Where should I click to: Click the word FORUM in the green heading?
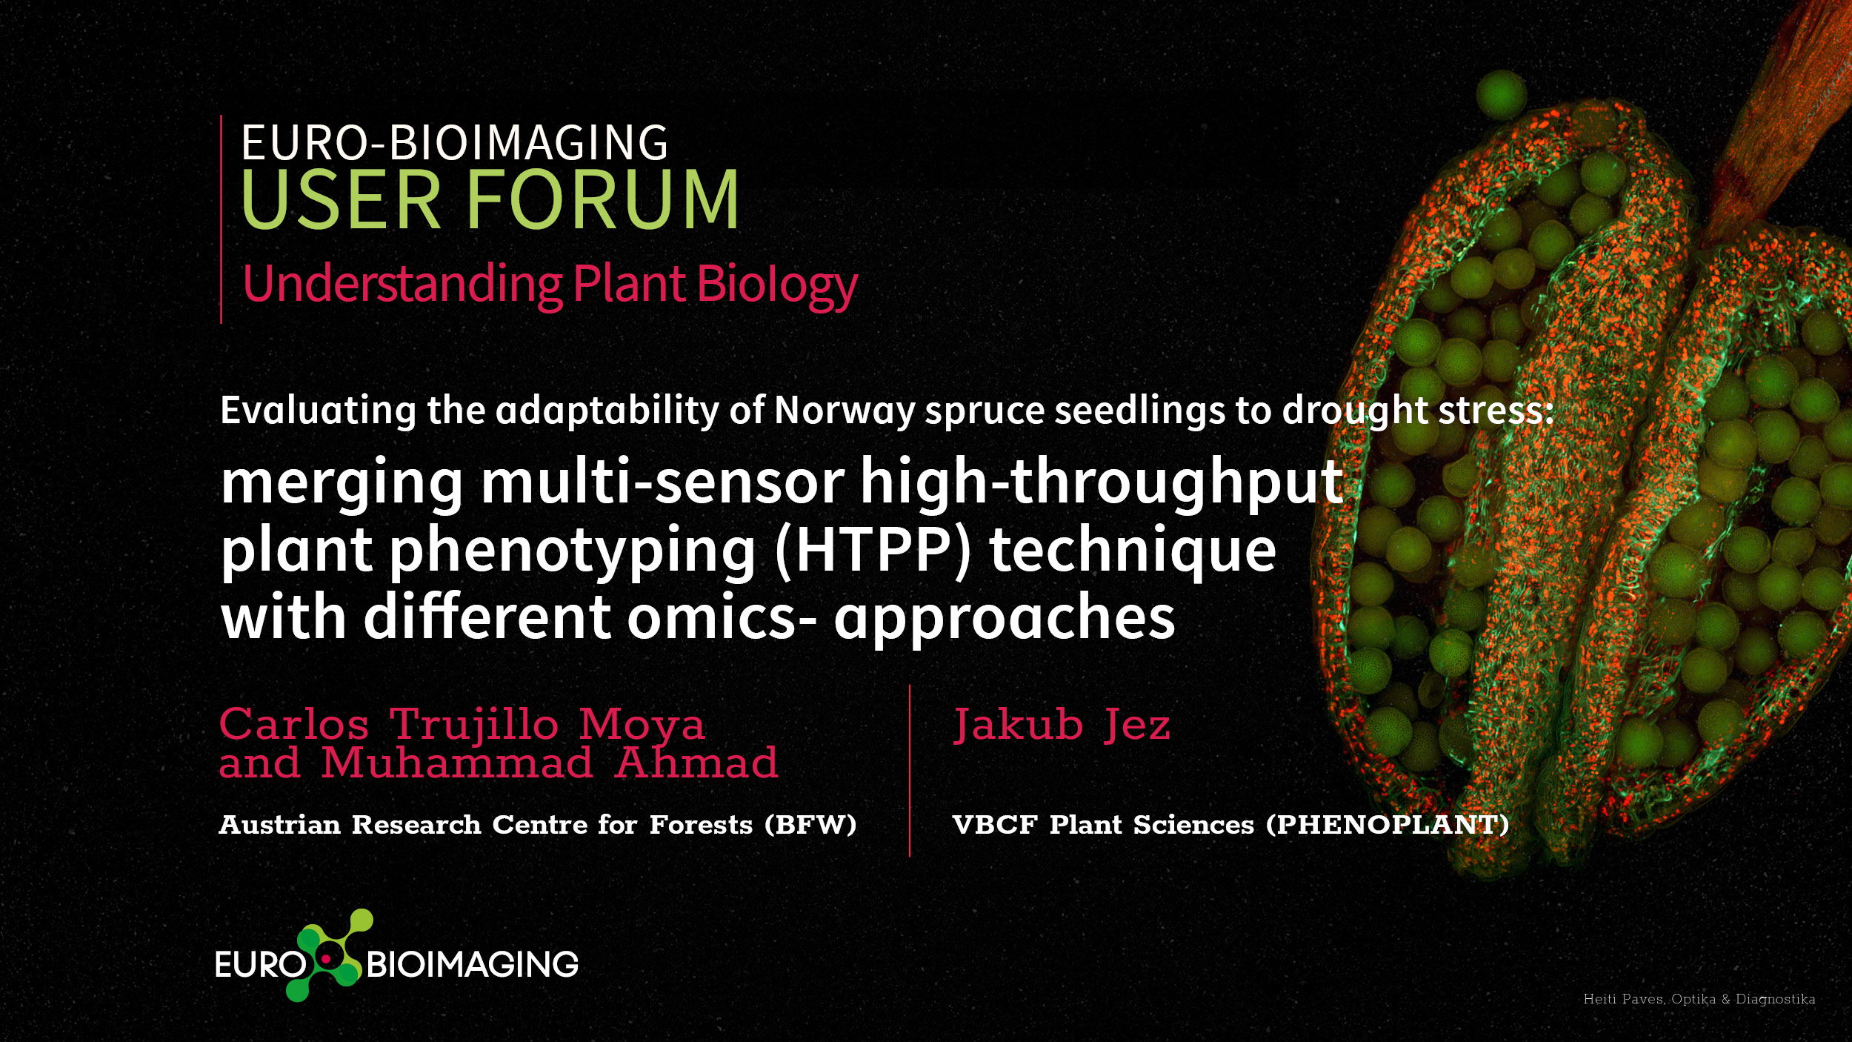coord(602,199)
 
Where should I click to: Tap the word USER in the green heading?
coord(340,199)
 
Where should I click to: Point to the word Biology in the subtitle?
coord(777,285)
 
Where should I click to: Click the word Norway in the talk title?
coord(845,411)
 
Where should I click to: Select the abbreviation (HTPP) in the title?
coord(872,550)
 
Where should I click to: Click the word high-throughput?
coord(1102,482)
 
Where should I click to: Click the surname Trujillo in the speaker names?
coord(474,724)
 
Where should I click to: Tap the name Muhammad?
coord(457,763)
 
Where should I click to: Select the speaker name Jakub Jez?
coord(1062,724)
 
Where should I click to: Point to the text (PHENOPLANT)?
coord(1388,825)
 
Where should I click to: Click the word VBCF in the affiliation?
coord(995,825)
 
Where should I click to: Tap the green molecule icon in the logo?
coord(330,955)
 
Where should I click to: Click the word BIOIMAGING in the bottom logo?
coord(473,964)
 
